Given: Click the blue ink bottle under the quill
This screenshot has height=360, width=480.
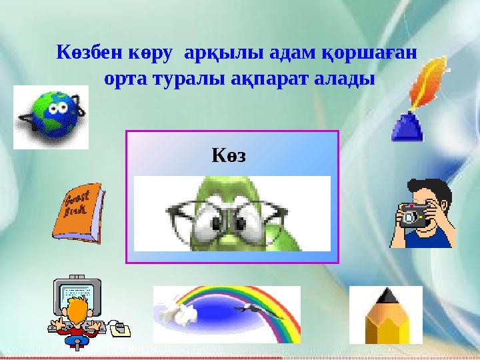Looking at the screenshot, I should pos(407,127).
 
